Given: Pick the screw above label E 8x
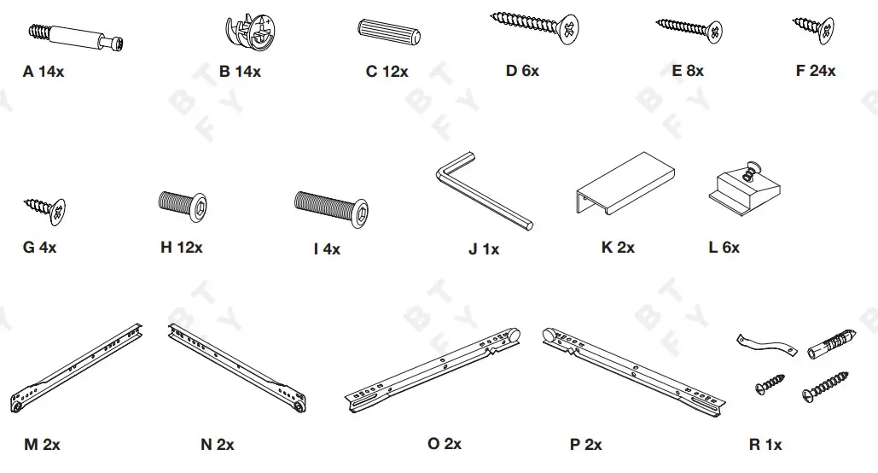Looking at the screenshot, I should point(689,28).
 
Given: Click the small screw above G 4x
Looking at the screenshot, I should point(46,207).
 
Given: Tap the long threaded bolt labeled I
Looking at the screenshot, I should point(333,205).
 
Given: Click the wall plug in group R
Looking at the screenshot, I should point(826,345).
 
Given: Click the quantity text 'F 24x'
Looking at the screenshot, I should point(815,71).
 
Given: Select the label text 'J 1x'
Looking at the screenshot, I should point(484,249).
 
